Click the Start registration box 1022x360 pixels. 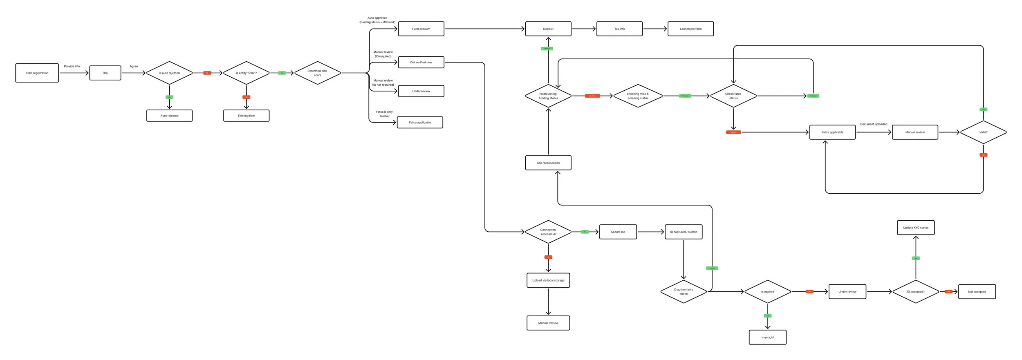37,73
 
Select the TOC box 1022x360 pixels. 105,73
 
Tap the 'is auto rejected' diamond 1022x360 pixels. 169,73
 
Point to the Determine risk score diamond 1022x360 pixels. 317,73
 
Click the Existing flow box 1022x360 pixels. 246,116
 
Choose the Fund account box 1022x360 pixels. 421,29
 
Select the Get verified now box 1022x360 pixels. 421,63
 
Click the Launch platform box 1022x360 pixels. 690,29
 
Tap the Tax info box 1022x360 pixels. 619,29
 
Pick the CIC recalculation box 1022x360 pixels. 548,163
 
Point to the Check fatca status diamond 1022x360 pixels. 733,96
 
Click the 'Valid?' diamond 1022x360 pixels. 983,132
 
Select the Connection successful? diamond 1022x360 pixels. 548,232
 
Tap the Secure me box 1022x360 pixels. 618,232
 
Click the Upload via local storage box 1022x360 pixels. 548,280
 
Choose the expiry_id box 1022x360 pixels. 767,338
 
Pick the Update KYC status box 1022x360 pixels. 916,228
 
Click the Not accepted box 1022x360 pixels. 977,292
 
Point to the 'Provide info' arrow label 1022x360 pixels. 72,66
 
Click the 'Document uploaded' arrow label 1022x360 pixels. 874,124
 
